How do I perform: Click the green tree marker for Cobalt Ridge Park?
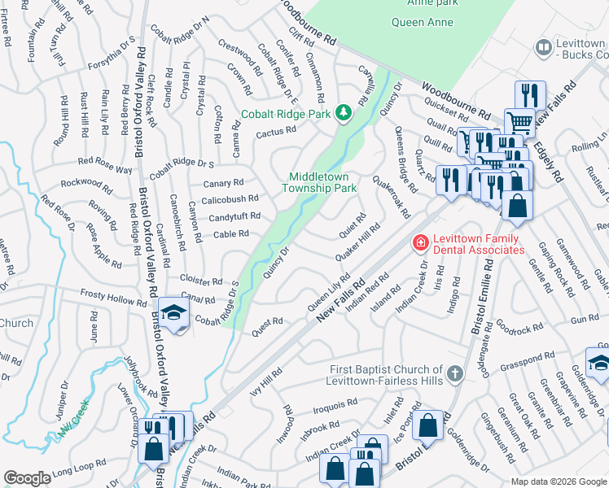[x=344, y=111]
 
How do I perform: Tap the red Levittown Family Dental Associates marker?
[x=420, y=242]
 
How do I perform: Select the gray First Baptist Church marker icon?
[x=454, y=374]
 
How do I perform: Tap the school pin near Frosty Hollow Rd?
[x=173, y=314]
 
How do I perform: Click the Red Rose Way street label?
[x=103, y=169]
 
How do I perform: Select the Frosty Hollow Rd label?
[x=113, y=299]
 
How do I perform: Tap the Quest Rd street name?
[x=266, y=322]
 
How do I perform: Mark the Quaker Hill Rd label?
[x=357, y=243]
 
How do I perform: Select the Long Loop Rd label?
[x=79, y=465]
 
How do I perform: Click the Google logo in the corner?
[x=27, y=478]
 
